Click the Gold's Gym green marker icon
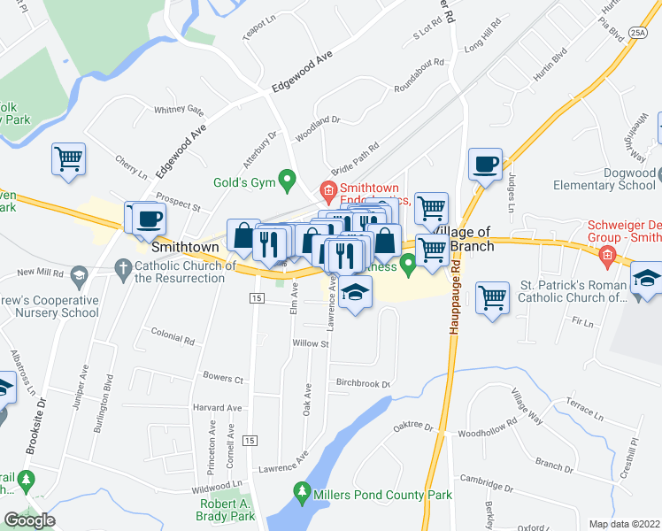pyautogui.click(x=286, y=182)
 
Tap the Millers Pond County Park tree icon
pyautogui.click(x=302, y=491)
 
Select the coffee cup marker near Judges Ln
pyautogui.click(x=485, y=165)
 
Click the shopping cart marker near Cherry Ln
pyautogui.click(x=68, y=159)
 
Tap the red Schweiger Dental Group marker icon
pyautogui.click(x=606, y=258)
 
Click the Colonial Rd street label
pyautogui.click(x=173, y=338)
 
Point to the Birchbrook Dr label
pyautogui.click(x=363, y=384)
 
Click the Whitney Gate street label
pyautogui.click(x=179, y=111)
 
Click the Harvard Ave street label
pyautogui.click(x=217, y=408)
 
